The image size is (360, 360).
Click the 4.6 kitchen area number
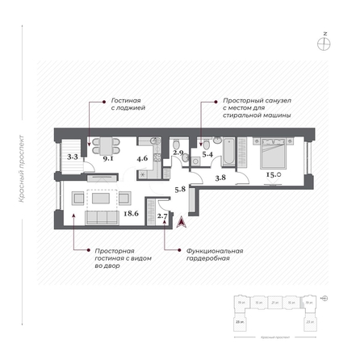click(x=142, y=159)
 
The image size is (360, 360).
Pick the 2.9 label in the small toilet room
click(x=179, y=153)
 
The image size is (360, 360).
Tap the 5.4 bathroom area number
click(x=207, y=153)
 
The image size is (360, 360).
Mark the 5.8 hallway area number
click(x=182, y=189)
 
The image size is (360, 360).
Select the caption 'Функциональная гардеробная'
click(x=203, y=255)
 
